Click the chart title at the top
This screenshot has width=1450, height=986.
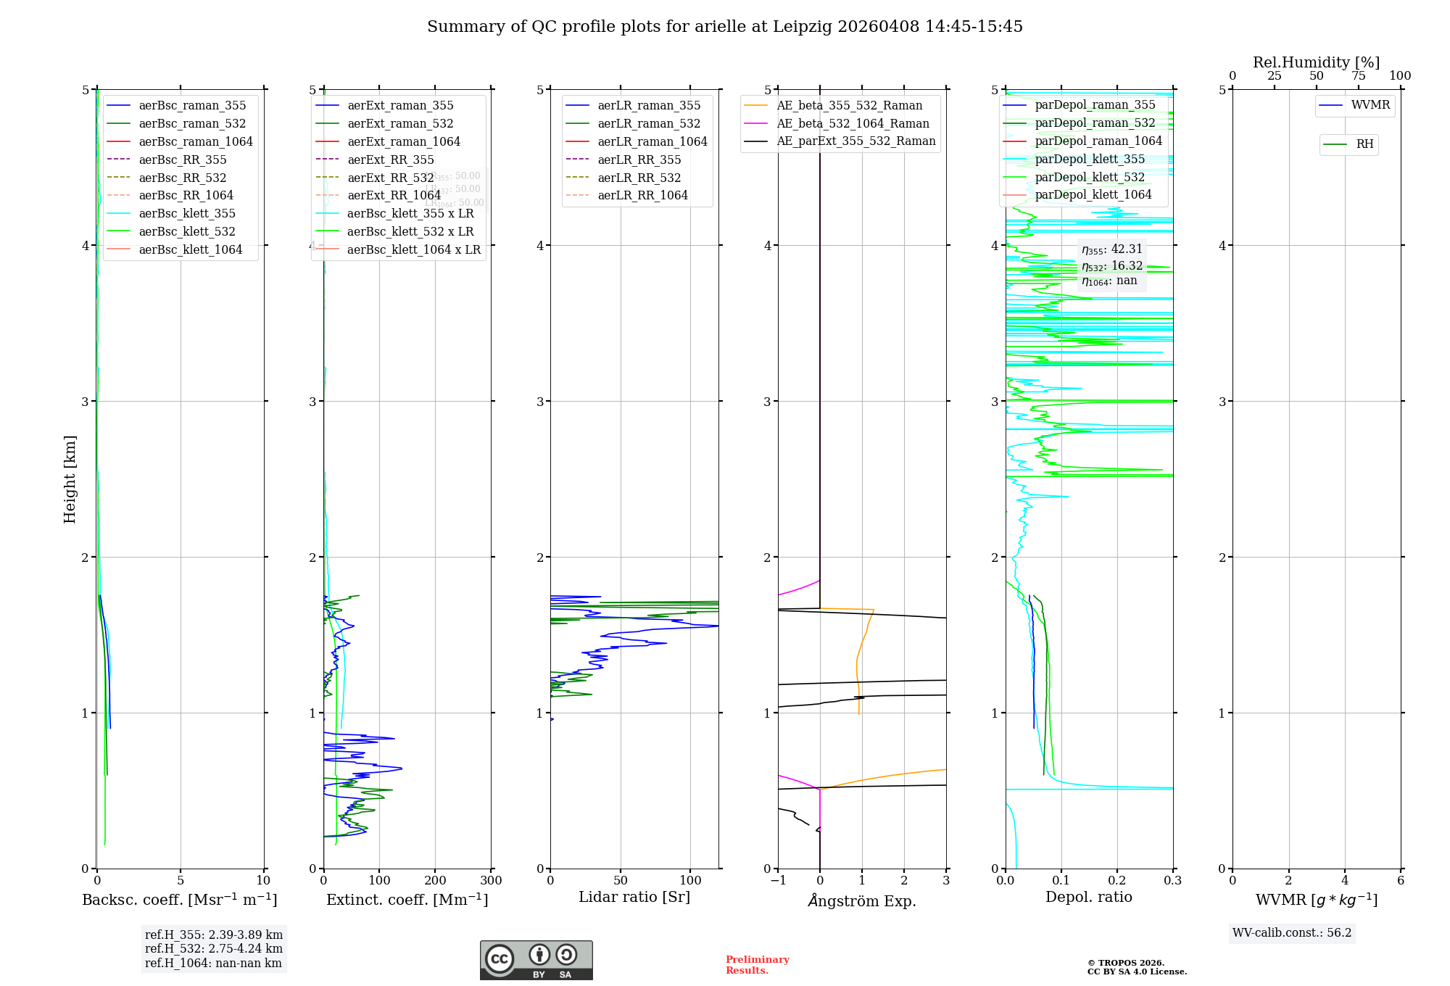[724, 27]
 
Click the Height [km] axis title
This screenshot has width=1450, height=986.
[70, 478]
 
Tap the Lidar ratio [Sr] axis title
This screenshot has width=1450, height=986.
[634, 898]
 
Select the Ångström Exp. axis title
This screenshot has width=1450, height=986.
[862, 901]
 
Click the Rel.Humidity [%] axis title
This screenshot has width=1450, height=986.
[1316, 62]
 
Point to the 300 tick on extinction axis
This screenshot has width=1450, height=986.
[491, 881]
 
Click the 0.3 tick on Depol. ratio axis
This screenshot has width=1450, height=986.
[1172, 881]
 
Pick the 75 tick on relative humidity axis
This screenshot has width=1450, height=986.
[1358, 76]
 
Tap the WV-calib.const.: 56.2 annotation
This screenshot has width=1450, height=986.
[1292, 933]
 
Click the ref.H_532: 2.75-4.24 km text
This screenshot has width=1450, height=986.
[214, 949]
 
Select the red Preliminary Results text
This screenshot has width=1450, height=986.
[757, 965]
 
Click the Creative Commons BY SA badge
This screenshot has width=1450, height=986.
[536, 960]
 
